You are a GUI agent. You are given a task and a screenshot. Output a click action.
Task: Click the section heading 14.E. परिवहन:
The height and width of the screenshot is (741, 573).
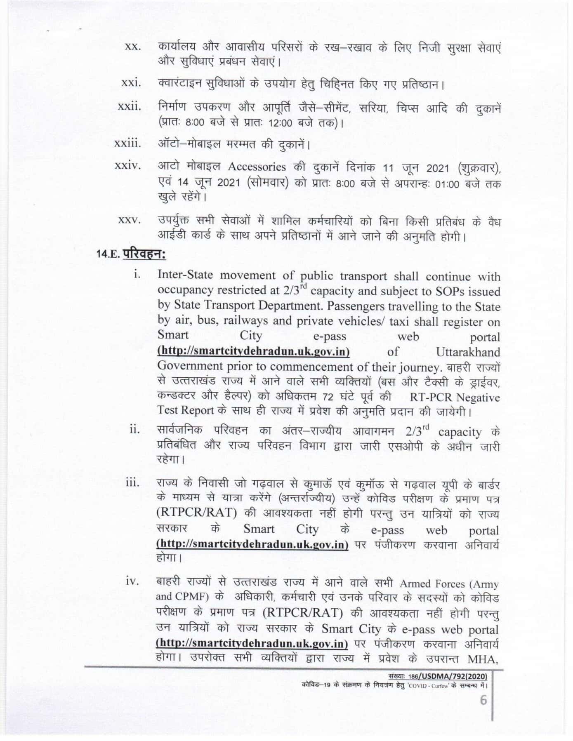point(131,253)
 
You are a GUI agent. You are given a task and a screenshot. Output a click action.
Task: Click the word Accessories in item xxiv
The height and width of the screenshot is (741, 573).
point(257,167)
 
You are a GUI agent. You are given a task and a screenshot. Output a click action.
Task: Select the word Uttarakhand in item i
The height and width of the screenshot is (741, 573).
point(467,352)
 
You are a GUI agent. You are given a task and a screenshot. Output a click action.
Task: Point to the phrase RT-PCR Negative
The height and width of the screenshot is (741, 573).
point(455,398)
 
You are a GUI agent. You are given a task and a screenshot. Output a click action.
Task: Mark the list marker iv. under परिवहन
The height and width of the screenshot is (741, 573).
point(134,582)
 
